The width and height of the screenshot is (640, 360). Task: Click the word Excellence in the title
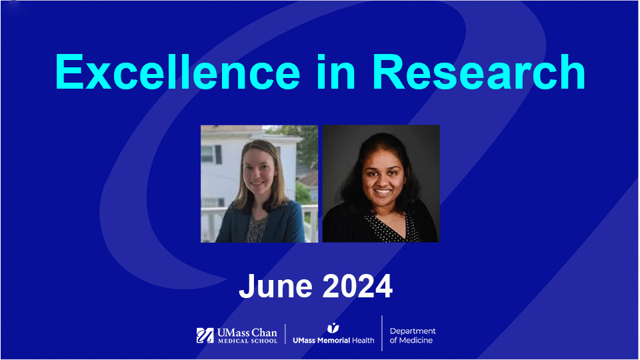click(x=177, y=72)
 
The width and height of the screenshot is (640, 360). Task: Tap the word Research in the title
click(x=479, y=72)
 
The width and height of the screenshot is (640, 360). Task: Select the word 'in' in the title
click(x=336, y=72)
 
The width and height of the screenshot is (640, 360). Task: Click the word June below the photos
click(x=275, y=286)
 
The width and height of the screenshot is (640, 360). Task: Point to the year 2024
click(x=357, y=286)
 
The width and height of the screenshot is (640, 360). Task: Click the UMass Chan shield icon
click(x=205, y=335)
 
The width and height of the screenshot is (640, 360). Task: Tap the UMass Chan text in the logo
click(x=247, y=333)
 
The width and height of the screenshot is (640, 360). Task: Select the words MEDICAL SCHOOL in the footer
click(x=247, y=341)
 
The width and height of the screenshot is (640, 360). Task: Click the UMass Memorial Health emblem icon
click(x=333, y=328)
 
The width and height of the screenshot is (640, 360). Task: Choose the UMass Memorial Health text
click(x=333, y=341)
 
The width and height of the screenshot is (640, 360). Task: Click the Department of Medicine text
click(x=412, y=335)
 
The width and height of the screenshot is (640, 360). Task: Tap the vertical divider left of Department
click(x=382, y=333)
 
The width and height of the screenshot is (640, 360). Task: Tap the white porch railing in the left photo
click(x=310, y=223)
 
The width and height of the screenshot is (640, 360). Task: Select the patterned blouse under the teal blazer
click(x=256, y=229)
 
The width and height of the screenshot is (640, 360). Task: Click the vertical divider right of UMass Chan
click(x=285, y=334)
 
